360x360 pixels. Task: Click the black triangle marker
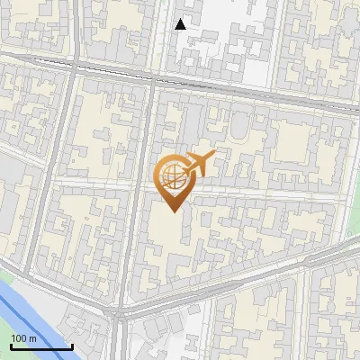tap(181, 24)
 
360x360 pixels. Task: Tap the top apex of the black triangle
tap(181, 19)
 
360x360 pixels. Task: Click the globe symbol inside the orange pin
tap(173, 176)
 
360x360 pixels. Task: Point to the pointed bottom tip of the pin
tap(173, 211)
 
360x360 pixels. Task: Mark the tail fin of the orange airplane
tap(187, 162)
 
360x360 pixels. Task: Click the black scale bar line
tap(41, 346)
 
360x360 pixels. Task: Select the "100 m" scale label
tap(24, 338)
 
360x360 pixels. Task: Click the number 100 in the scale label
tap(20, 338)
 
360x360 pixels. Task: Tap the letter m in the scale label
tap(33, 338)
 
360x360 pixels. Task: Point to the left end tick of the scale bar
tap(11, 345)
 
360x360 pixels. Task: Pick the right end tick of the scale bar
tap(72, 345)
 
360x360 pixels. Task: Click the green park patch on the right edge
tap(355, 247)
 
